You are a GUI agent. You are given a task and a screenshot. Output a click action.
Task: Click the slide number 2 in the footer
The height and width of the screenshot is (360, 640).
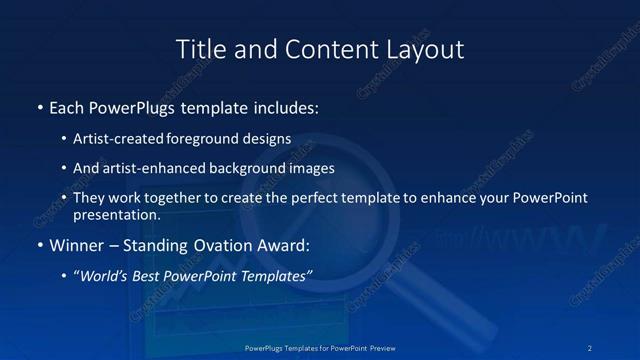pos(591,348)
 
